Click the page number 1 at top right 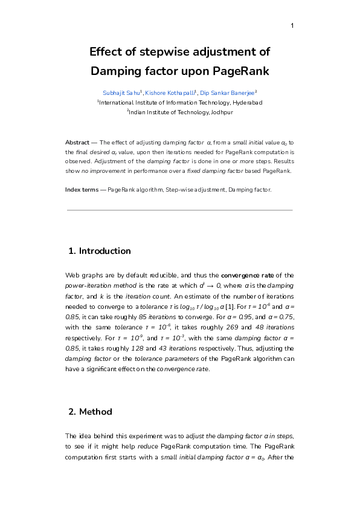[x=292, y=25]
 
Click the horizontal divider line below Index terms [x=179, y=210]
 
